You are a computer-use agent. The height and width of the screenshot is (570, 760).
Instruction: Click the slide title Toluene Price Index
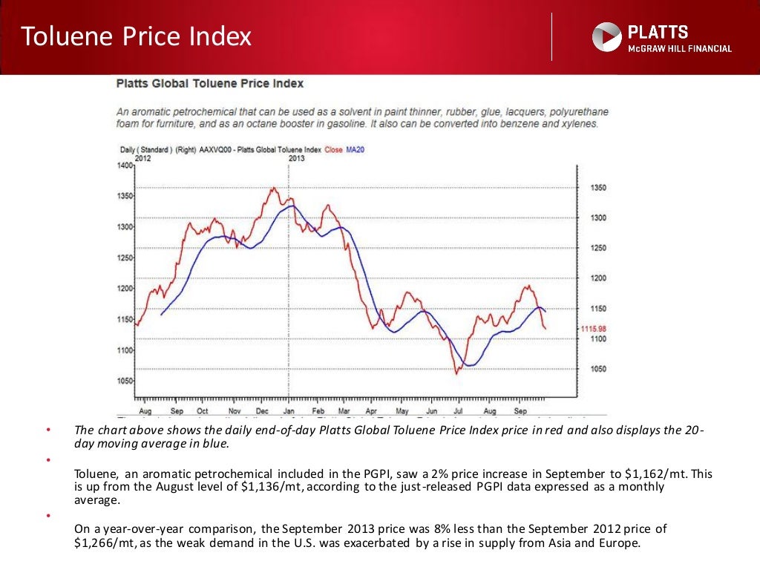click(136, 36)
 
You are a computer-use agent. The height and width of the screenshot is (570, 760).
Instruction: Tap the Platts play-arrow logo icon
click(606, 37)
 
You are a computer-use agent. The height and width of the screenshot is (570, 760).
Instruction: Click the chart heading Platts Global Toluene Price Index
click(210, 84)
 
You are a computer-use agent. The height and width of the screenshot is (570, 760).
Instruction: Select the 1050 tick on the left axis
click(125, 381)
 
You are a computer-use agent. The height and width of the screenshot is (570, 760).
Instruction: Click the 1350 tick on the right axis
click(597, 188)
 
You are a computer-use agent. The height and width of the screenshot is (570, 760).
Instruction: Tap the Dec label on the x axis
click(262, 410)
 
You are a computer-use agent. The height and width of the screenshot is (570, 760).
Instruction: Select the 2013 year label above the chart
click(296, 157)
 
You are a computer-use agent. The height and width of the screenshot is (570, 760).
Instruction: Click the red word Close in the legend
click(334, 150)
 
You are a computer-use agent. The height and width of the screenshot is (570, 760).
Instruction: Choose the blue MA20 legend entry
click(356, 150)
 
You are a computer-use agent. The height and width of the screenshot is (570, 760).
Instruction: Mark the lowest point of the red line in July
click(456, 373)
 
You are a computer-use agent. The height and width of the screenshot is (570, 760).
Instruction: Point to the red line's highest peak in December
click(272, 188)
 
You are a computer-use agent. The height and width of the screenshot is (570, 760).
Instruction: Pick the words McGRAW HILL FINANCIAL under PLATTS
click(680, 49)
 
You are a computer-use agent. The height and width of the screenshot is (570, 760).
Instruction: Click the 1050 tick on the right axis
click(597, 369)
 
